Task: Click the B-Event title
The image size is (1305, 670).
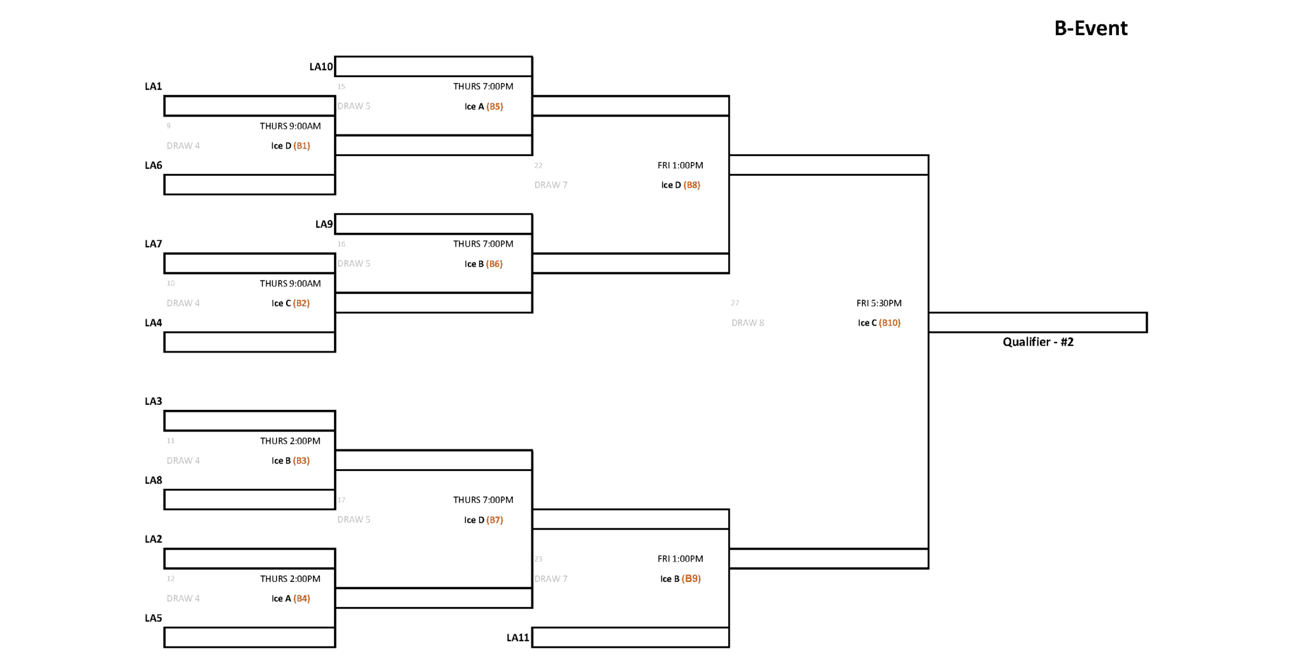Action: click(1090, 28)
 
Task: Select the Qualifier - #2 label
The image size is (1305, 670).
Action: click(1037, 342)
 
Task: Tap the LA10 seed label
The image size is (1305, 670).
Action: click(321, 67)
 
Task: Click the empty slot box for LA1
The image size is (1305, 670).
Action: click(249, 106)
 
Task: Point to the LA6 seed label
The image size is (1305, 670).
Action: click(153, 166)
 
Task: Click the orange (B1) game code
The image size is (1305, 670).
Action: click(301, 146)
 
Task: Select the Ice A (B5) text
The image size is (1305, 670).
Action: click(483, 106)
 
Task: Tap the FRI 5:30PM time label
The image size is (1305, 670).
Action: click(878, 303)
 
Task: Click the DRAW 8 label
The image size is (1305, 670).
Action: click(747, 323)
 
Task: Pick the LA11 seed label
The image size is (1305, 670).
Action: click(517, 637)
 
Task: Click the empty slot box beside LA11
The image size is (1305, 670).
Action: click(630, 637)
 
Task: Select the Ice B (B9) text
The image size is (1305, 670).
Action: click(680, 579)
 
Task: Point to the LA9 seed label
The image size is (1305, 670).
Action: click(324, 224)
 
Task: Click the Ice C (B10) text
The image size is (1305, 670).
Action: click(878, 323)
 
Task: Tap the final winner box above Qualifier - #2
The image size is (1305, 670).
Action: click(1037, 323)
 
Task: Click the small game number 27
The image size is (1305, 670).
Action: click(735, 303)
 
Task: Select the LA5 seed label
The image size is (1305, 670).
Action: click(153, 618)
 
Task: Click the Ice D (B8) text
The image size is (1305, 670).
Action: click(680, 186)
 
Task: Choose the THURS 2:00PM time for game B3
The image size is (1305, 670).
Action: click(290, 441)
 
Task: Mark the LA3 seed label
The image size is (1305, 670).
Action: click(153, 402)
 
